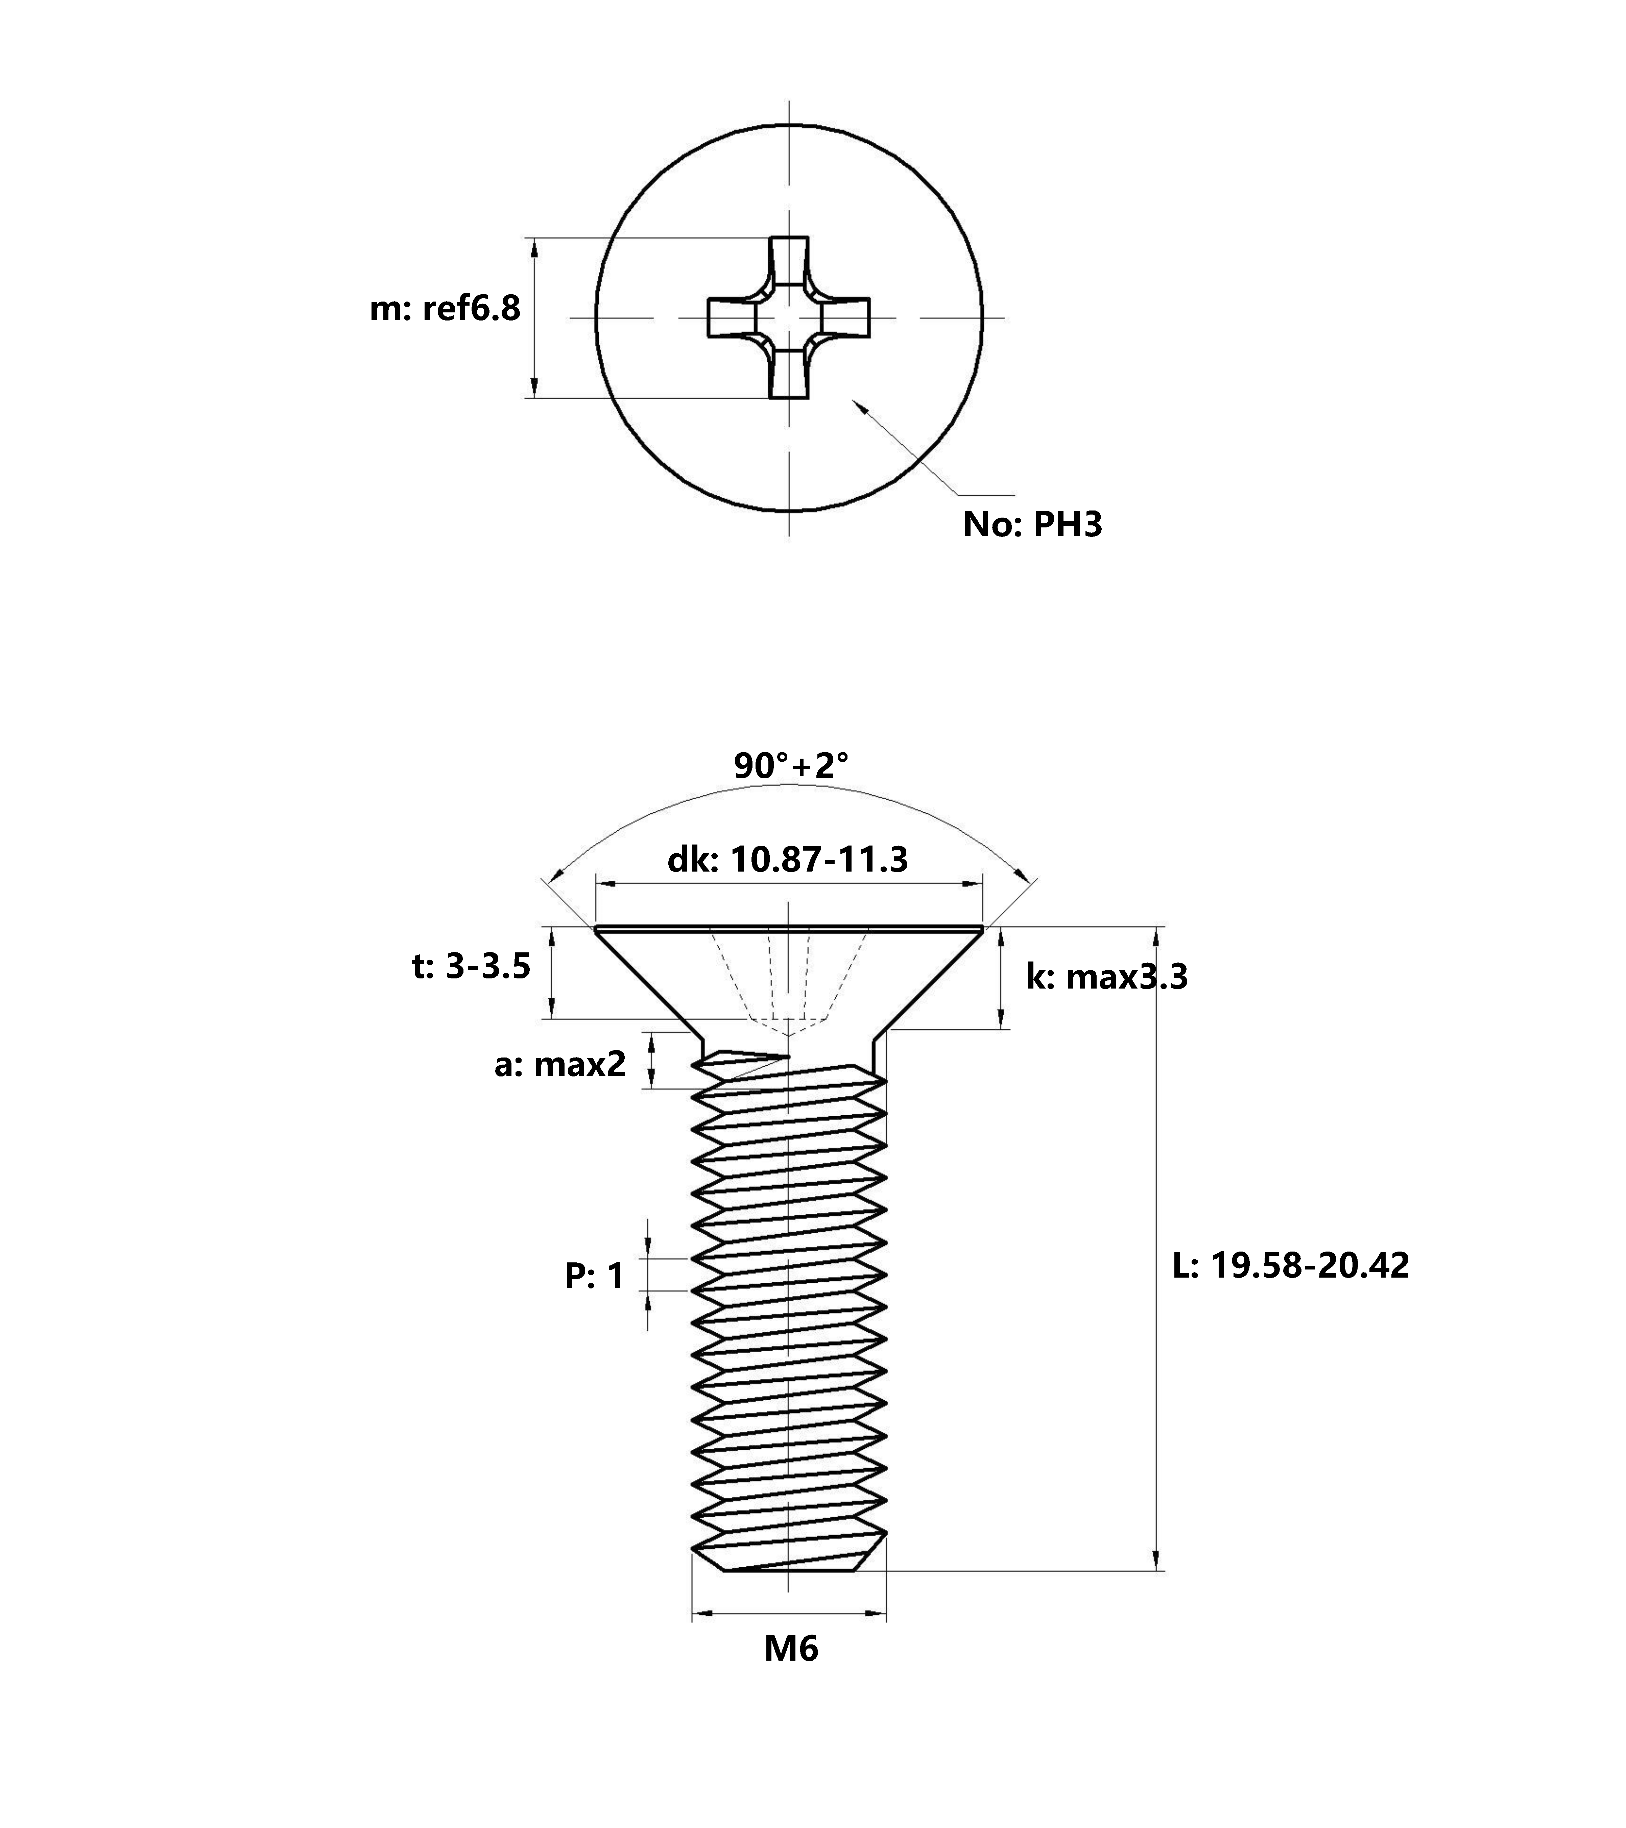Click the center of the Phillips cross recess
789,317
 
